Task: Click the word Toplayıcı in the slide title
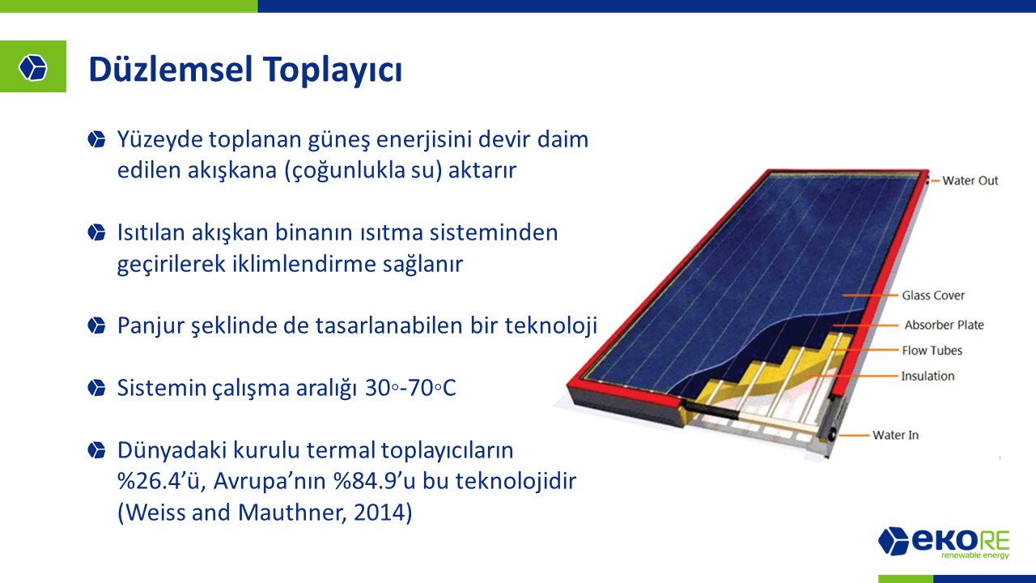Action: click(333, 70)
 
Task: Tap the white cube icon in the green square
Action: click(33, 67)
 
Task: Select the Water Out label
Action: click(970, 181)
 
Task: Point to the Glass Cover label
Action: click(933, 296)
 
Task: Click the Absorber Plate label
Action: click(944, 325)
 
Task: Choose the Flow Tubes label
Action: click(932, 351)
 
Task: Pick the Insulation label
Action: click(928, 376)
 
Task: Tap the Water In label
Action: click(895, 435)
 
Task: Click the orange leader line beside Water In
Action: click(854, 436)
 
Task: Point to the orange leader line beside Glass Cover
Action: click(870, 295)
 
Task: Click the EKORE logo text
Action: click(960, 541)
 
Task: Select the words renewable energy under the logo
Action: click(975, 555)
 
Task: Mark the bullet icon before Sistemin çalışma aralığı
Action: click(96, 388)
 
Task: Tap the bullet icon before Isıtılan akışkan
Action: click(96, 232)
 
